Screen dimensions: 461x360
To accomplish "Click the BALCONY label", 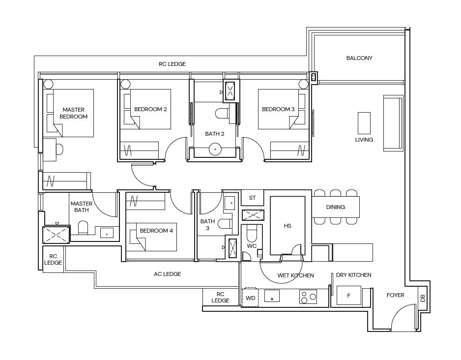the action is coord(359,58).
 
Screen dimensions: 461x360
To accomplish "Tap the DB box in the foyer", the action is coord(423,298).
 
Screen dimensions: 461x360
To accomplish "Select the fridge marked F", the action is coord(348,295).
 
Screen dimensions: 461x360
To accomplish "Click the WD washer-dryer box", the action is coord(250,298).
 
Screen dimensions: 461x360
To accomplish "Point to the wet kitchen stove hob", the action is coord(308,297).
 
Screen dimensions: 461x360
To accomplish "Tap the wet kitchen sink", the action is coord(272,296).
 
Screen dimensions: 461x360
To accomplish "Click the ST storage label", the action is coord(252,198).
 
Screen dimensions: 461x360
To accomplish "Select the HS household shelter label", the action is coord(288,226).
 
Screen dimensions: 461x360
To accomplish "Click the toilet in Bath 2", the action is coord(223,113).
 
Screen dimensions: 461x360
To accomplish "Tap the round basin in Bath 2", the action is coord(215,149).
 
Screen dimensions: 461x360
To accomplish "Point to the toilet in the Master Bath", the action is coord(83,228).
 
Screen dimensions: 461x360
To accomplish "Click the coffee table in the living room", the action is coord(364,123).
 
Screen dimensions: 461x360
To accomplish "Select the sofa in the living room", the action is coord(393,123).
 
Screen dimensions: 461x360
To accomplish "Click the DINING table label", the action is coord(336,207).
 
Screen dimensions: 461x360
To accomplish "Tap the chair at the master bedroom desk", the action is coord(59,150).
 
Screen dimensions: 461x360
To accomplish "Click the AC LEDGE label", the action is coord(167,274).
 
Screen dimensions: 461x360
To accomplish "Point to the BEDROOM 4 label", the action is coord(156,231).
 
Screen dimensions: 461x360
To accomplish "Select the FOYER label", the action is coord(396,295).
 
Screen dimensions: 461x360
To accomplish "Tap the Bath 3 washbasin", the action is coord(230,203).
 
